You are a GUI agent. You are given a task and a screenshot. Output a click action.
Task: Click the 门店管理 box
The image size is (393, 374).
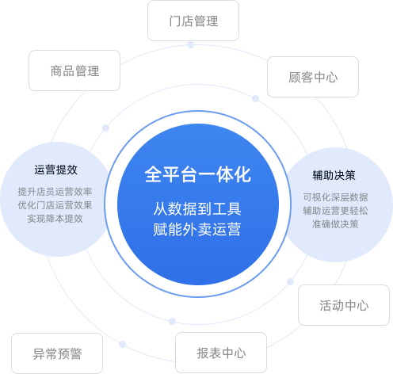(x=193, y=21)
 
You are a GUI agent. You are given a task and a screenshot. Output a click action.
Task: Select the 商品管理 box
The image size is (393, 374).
(x=74, y=71)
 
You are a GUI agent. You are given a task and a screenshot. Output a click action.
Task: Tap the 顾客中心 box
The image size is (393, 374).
(x=313, y=77)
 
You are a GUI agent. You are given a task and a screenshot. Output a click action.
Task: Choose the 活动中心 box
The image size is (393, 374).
(x=344, y=305)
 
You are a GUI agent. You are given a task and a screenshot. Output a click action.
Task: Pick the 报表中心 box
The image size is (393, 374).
(x=221, y=353)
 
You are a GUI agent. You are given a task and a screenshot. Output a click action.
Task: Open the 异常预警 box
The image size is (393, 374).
(x=57, y=353)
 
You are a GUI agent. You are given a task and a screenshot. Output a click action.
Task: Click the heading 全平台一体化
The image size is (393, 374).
(x=198, y=174)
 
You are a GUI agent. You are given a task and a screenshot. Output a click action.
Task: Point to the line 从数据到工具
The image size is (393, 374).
(x=197, y=208)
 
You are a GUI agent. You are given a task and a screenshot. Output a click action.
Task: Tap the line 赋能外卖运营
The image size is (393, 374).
(x=197, y=229)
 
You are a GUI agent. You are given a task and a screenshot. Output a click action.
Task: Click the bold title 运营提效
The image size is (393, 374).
(x=56, y=170)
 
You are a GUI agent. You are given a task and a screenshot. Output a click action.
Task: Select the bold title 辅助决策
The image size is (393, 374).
(x=334, y=175)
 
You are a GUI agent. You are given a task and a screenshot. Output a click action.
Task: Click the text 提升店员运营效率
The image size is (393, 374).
(x=55, y=192)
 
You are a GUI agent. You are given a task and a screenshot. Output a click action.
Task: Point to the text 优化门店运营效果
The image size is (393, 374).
(x=55, y=205)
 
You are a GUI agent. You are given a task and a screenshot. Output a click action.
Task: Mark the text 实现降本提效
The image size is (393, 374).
(x=55, y=219)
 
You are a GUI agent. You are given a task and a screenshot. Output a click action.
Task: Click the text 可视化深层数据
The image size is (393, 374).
(x=335, y=197)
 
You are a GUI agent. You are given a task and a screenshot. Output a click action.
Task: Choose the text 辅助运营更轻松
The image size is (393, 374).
(x=335, y=211)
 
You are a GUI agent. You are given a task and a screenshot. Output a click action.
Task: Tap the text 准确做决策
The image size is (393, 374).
(x=335, y=224)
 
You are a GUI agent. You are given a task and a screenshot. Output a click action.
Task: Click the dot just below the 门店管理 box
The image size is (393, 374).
(x=190, y=45)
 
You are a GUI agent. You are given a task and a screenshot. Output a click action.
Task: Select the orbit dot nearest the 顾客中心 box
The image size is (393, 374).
(x=255, y=99)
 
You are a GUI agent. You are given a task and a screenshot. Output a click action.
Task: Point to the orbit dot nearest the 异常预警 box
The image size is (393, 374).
(x=122, y=344)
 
